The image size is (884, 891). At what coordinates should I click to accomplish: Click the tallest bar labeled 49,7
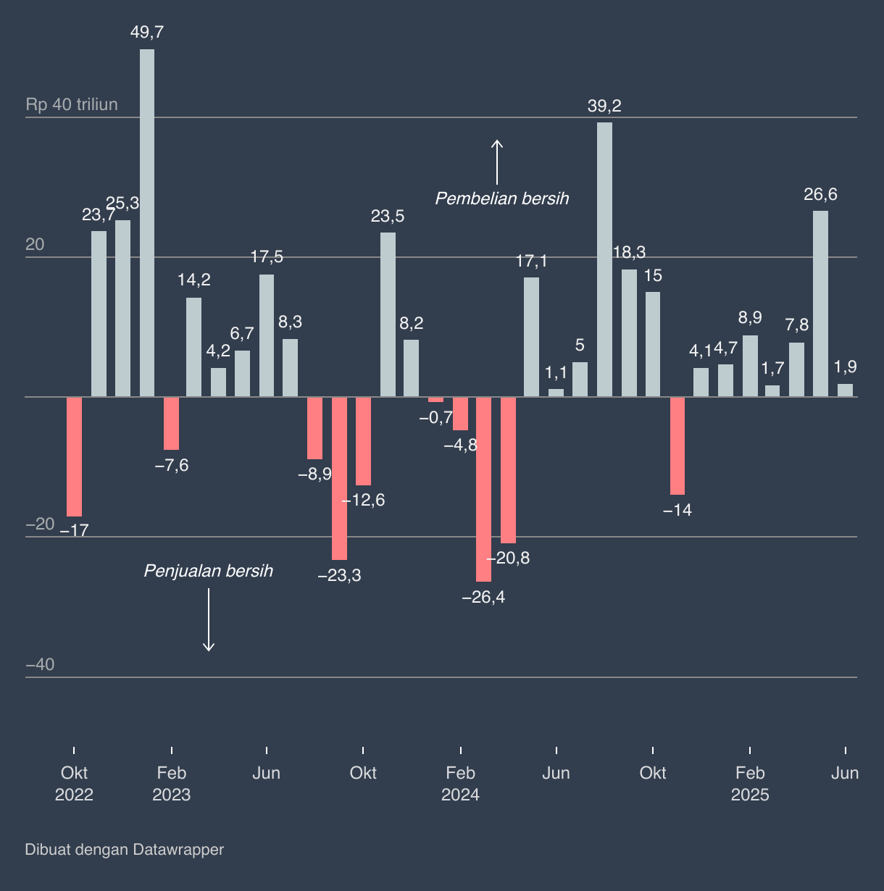tap(147, 223)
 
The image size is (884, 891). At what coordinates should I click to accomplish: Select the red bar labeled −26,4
tap(484, 489)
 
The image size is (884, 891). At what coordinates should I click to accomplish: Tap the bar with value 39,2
tap(604, 259)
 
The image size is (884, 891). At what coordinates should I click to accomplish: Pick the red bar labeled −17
tap(74, 456)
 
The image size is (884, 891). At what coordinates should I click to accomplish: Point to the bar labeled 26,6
tap(820, 304)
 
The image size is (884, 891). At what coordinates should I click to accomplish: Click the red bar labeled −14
tap(677, 445)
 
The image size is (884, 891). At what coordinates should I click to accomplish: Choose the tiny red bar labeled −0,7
tap(435, 399)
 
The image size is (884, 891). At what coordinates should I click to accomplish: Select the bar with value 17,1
tap(531, 337)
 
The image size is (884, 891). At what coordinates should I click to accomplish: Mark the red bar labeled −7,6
tap(171, 423)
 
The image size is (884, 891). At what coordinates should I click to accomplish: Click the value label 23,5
tap(388, 217)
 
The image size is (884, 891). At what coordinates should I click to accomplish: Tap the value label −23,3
tap(339, 576)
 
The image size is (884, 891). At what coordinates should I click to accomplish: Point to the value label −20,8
tap(508, 559)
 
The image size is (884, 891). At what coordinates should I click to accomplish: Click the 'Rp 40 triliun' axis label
tap(72, 105)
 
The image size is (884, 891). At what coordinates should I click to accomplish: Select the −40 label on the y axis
tap(40, 665)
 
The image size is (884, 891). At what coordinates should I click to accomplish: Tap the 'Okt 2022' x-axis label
tap(74, 784)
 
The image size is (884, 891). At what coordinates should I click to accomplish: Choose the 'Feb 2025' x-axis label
tap(750, 784)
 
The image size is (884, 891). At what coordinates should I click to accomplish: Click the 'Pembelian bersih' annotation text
tap(502, 198)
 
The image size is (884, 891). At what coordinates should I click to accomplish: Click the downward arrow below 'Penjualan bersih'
tap(209, 620)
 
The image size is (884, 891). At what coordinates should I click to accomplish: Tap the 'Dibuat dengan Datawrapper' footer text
tap(125, 850)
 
